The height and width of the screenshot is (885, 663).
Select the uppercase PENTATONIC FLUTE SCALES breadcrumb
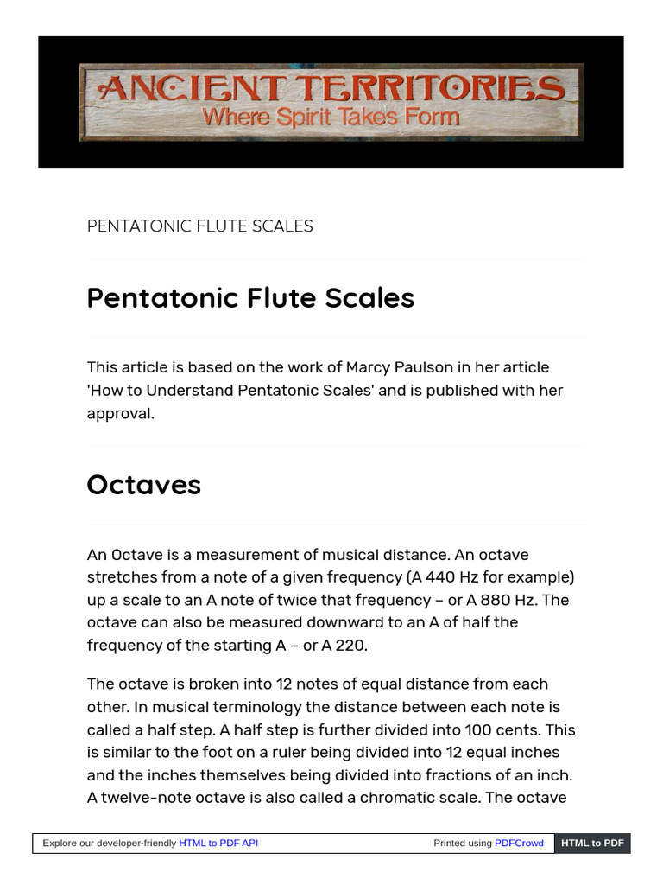pos(199,226)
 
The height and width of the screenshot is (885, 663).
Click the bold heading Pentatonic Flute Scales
pos(250,298)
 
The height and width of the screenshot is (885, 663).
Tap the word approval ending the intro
pos(120,413)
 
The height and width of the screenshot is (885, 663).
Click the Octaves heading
pos(143,485)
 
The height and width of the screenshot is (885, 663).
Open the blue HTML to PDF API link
pos(218,843)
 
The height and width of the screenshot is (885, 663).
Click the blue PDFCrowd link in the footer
pos(519,843)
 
